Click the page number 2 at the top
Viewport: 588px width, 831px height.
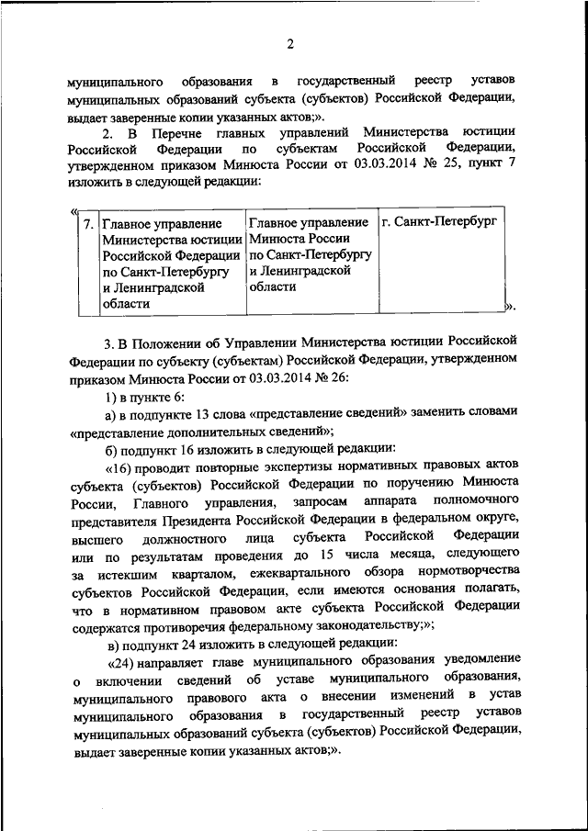coord(289,44)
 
